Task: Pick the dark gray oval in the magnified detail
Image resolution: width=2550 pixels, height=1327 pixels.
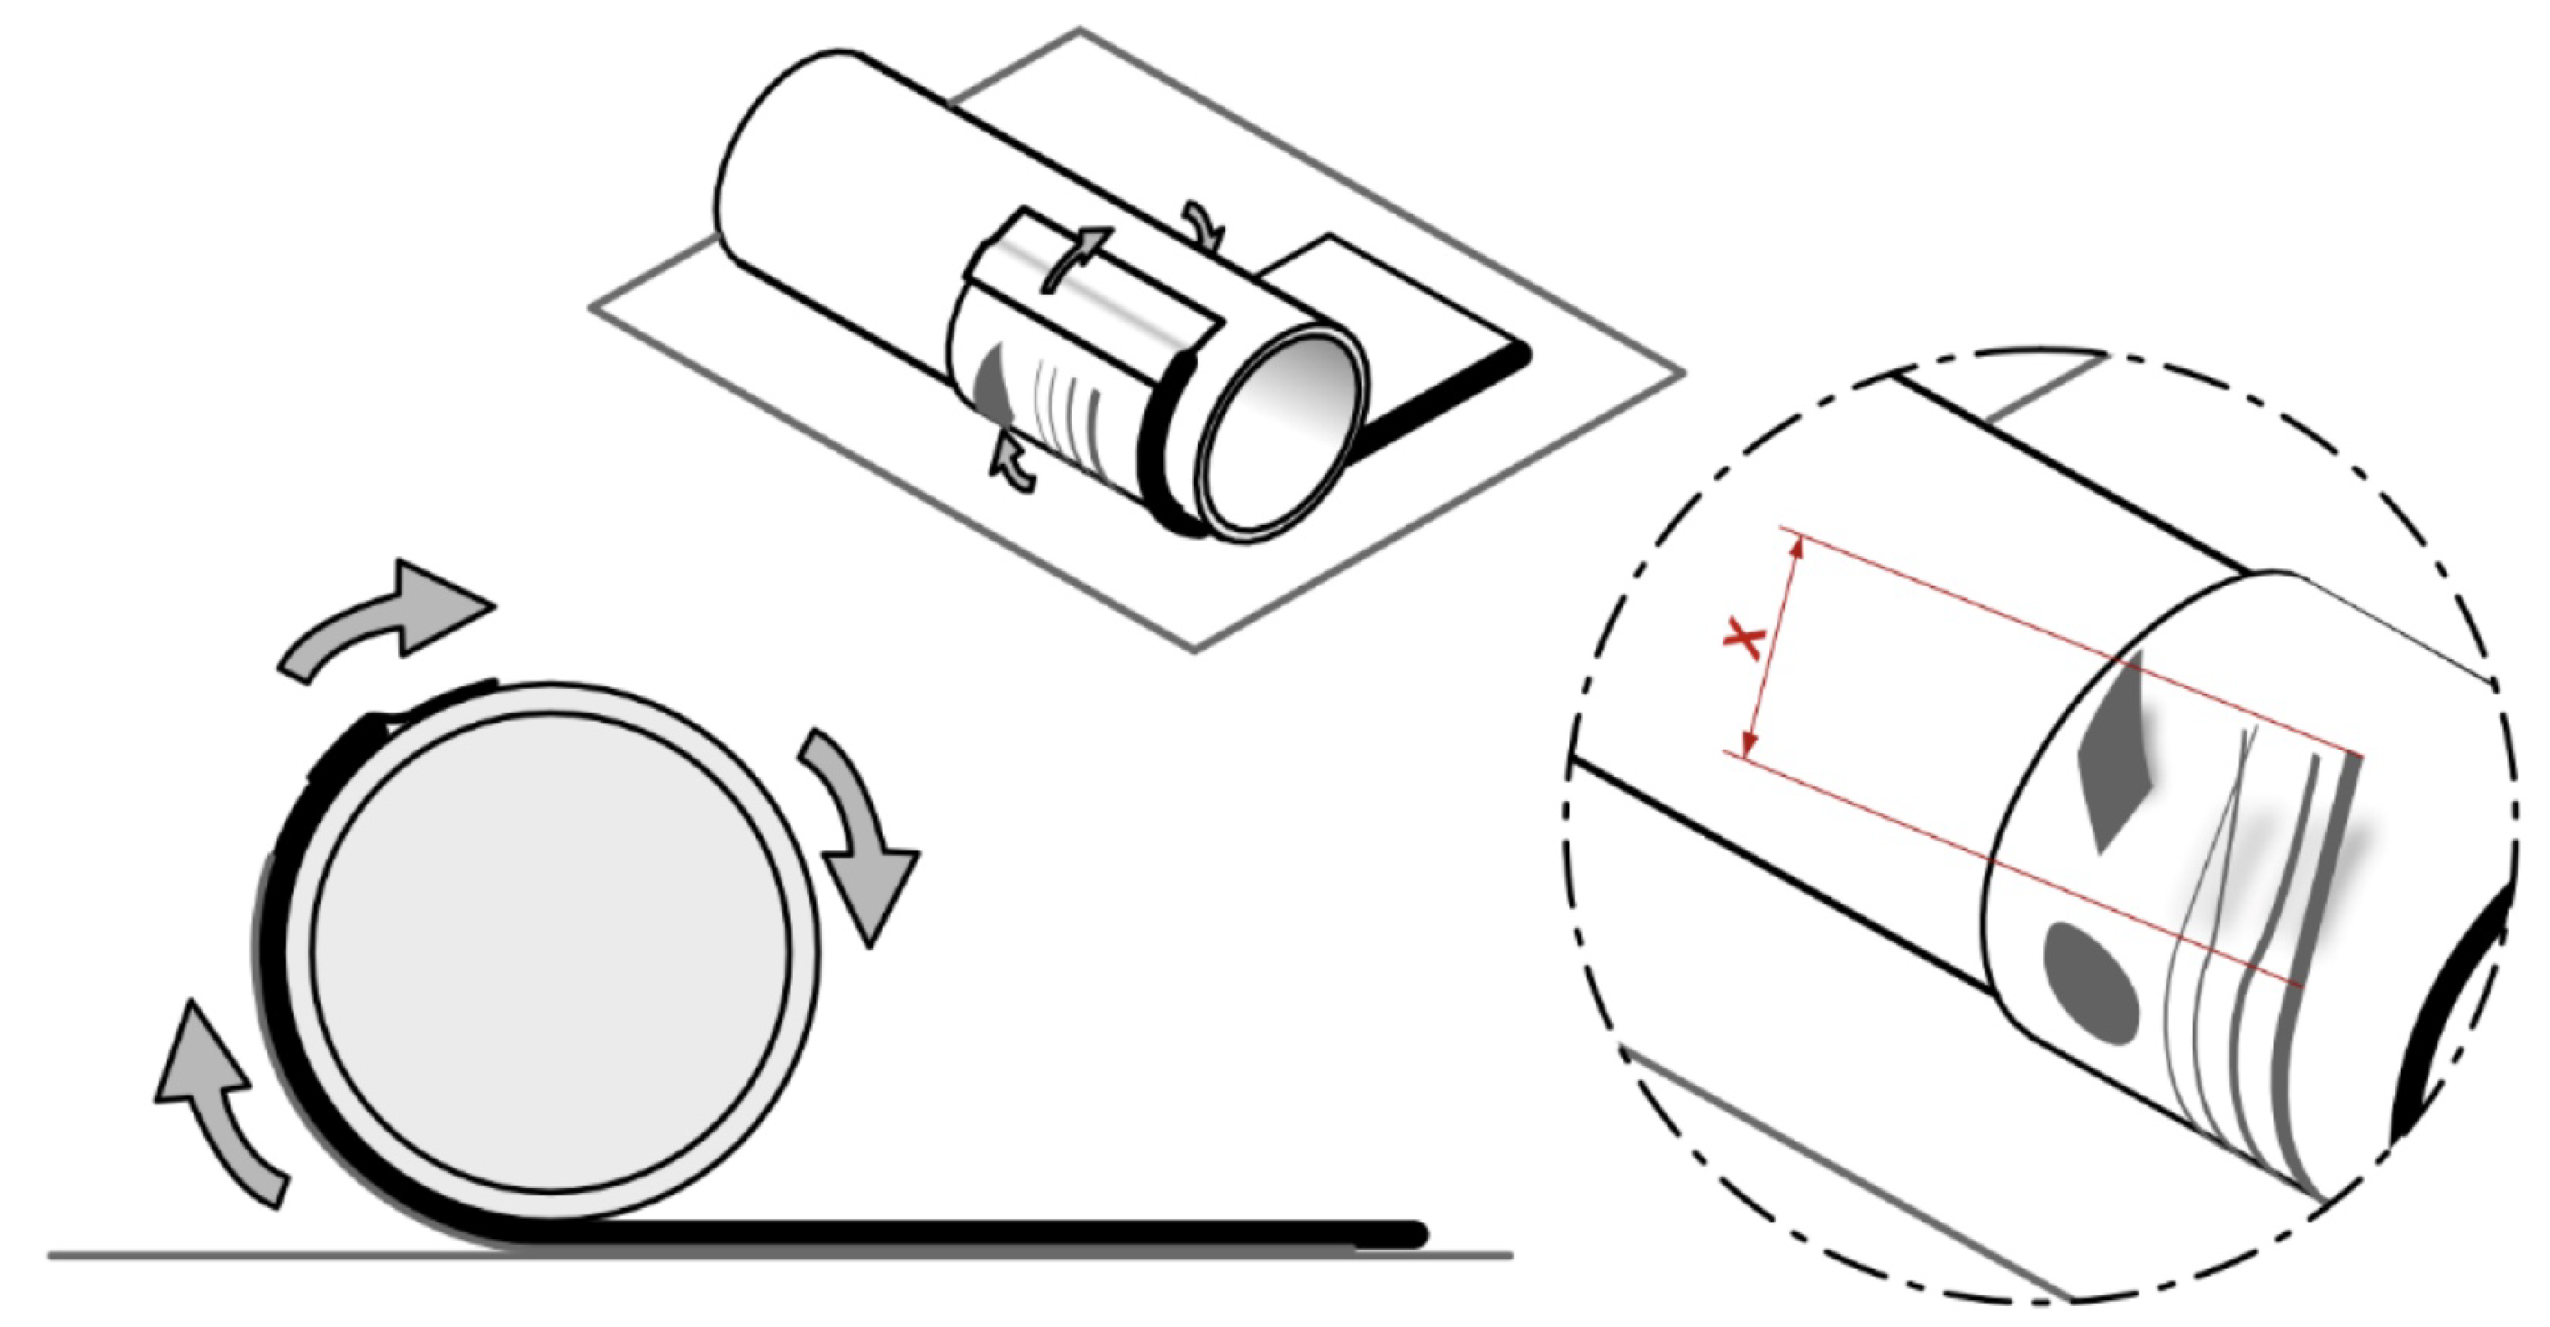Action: point(2092,984)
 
